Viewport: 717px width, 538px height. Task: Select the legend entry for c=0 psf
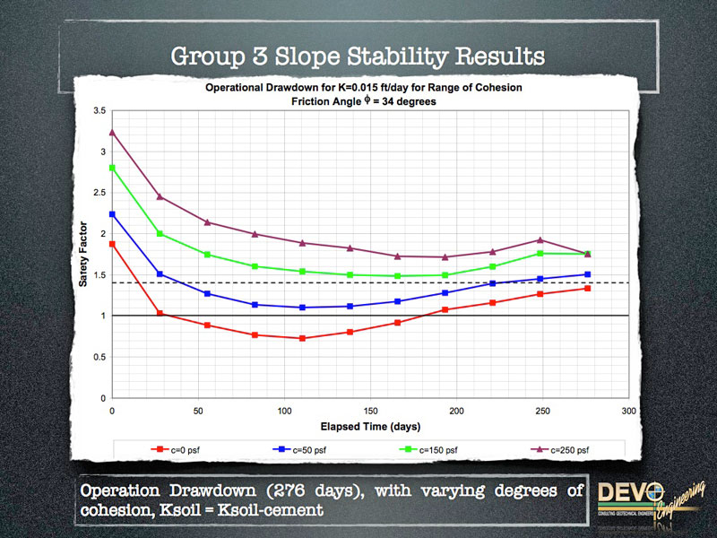180,446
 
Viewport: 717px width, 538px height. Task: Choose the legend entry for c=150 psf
433,446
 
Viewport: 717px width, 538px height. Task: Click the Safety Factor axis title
82,255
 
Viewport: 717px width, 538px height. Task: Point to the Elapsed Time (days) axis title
369,425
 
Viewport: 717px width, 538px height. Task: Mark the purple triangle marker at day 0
112,132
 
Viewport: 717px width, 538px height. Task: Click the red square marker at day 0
112,244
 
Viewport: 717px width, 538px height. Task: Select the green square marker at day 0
112,168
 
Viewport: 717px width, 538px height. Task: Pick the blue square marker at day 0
112,214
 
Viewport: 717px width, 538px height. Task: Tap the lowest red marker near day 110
302,338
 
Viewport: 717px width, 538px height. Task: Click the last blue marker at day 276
587,274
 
